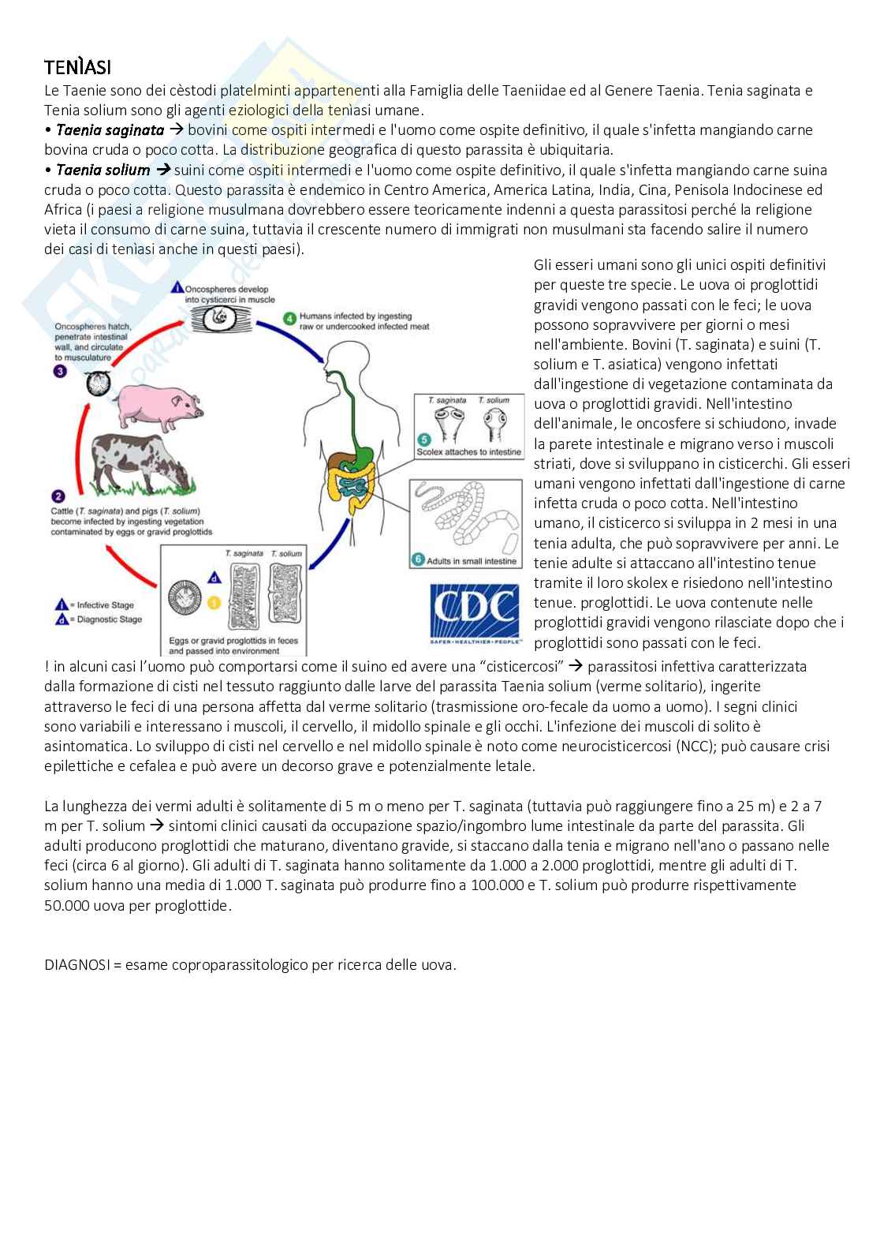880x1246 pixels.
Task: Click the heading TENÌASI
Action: [x=83, y=67]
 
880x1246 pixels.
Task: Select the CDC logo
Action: [x=474, y=612]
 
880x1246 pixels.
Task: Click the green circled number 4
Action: [x=289, y=319]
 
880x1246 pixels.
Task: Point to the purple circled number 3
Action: [x=60, y=371]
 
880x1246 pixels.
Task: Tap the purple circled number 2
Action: [x=58, y=496]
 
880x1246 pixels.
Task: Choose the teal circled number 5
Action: [x=423, y=440]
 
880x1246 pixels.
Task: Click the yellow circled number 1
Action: [x=214, y=603]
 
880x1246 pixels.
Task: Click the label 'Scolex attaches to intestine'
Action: [x=469, y=452]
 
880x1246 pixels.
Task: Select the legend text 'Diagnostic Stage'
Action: [x=110, y=619]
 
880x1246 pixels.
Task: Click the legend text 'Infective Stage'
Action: [x=106, y=605]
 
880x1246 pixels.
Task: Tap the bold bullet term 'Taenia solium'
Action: [x=103, y=170]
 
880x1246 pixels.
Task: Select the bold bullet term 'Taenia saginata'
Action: [x=110, y=130]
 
